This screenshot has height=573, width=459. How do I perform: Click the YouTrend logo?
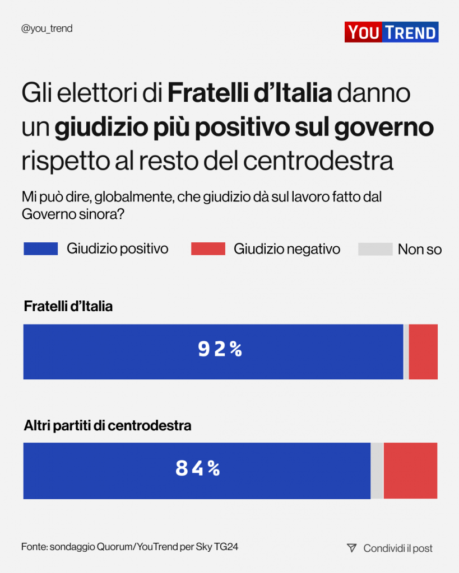click(x=391, y=32)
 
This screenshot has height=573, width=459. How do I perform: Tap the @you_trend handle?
click(x=47, y=29)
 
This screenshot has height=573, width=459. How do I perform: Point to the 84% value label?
click(x=198, y=468)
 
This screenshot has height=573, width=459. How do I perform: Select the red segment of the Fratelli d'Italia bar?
click(x=423, y=352)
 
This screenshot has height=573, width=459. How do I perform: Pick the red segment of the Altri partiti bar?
click(x=410, y=471)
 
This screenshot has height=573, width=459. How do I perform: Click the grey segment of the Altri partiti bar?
click(x=377, y=471)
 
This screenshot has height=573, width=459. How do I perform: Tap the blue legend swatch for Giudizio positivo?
click(x=40, y=249)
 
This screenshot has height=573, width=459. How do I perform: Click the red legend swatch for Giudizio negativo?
click(x=208, y=249)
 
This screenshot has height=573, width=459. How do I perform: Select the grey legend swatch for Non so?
click(x=375, y=249)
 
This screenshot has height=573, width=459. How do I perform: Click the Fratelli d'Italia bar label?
click(x=68, y=307)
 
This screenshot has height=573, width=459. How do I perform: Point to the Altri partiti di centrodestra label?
click(x=108, y=426)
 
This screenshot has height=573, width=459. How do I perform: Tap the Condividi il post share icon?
click(x=351, y=548)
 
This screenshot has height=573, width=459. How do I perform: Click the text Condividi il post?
click(x=398, y=548)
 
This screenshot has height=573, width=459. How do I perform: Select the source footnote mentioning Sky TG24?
click(x=130, y=547)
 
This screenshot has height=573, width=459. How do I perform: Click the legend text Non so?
click(x=420, y=250)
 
